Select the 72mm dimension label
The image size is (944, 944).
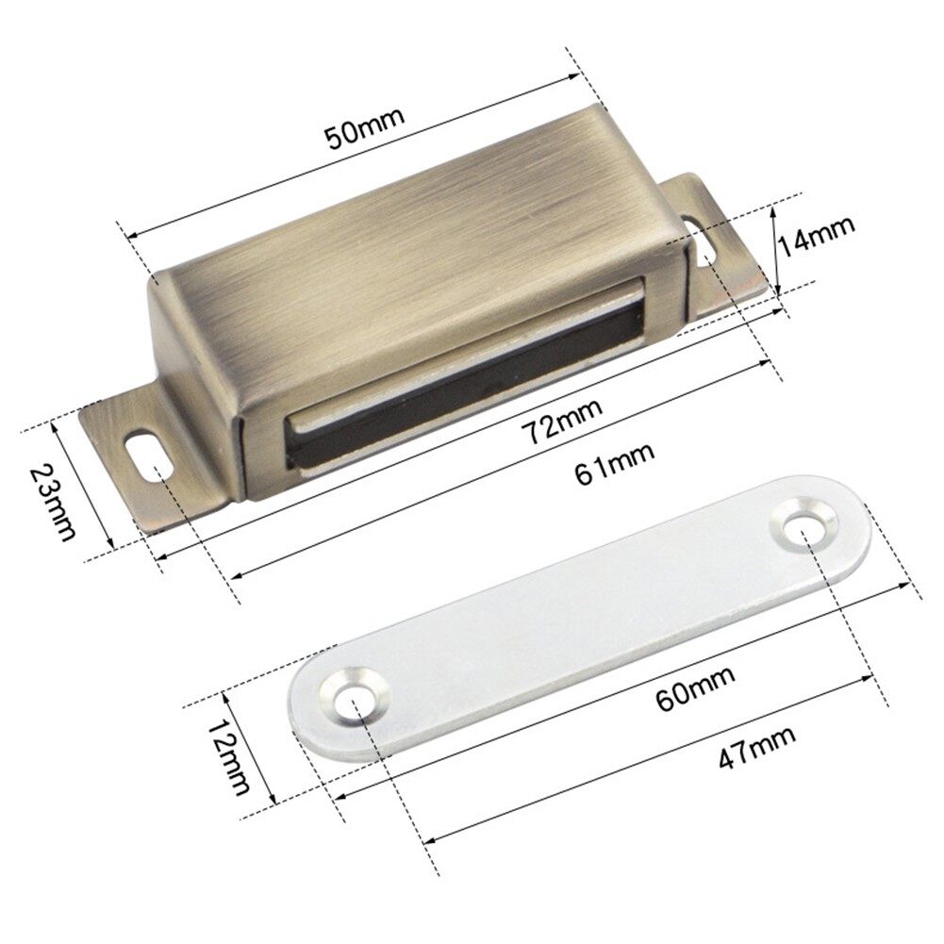coord(564,420)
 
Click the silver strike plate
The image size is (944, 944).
coord(585,613)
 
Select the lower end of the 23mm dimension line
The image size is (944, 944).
coord(112,546)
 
